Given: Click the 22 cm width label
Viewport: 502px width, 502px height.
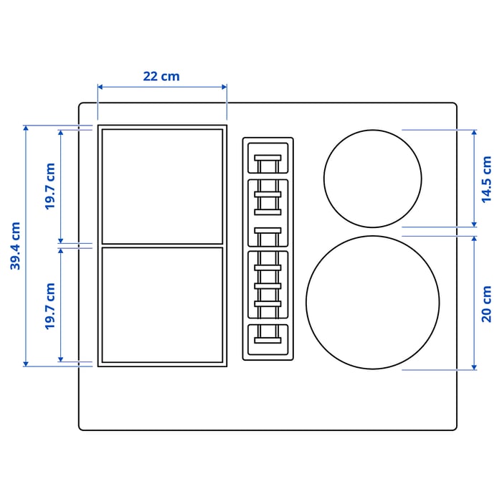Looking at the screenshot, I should pos(161,76).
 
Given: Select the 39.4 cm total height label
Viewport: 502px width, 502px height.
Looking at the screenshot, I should pos(16,246).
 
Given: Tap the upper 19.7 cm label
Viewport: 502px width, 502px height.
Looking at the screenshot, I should pos(49,186).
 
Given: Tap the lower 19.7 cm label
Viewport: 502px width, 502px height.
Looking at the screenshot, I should pos(49,306).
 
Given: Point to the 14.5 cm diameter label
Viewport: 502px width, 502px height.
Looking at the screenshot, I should pos(487,179).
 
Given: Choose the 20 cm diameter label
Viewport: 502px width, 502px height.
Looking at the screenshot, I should pos(487,303).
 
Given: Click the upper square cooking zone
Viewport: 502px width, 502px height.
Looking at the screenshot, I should pos(162,186).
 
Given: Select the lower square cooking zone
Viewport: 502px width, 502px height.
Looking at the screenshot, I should pos(162,305).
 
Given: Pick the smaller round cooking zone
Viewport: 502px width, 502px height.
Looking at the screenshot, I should pos(372,179).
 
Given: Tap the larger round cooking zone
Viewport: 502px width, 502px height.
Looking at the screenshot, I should pos(372,302).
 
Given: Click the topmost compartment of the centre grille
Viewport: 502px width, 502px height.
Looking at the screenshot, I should pos(268,158).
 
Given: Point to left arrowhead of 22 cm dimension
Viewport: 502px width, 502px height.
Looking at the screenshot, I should pos(100,87).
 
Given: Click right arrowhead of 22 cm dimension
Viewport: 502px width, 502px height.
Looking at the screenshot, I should pos(224,87).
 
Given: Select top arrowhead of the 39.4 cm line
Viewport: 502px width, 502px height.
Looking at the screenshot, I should pos(27,128).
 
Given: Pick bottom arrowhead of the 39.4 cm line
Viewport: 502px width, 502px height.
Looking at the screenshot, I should pos(27,364).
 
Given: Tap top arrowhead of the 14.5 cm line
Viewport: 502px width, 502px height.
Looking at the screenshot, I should pos(474,132).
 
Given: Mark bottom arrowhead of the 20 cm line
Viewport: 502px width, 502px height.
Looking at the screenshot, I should pos(474,368).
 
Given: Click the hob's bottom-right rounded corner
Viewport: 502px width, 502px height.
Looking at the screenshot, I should pos(453,427).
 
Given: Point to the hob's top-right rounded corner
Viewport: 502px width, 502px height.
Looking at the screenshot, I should pos(453,105).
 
